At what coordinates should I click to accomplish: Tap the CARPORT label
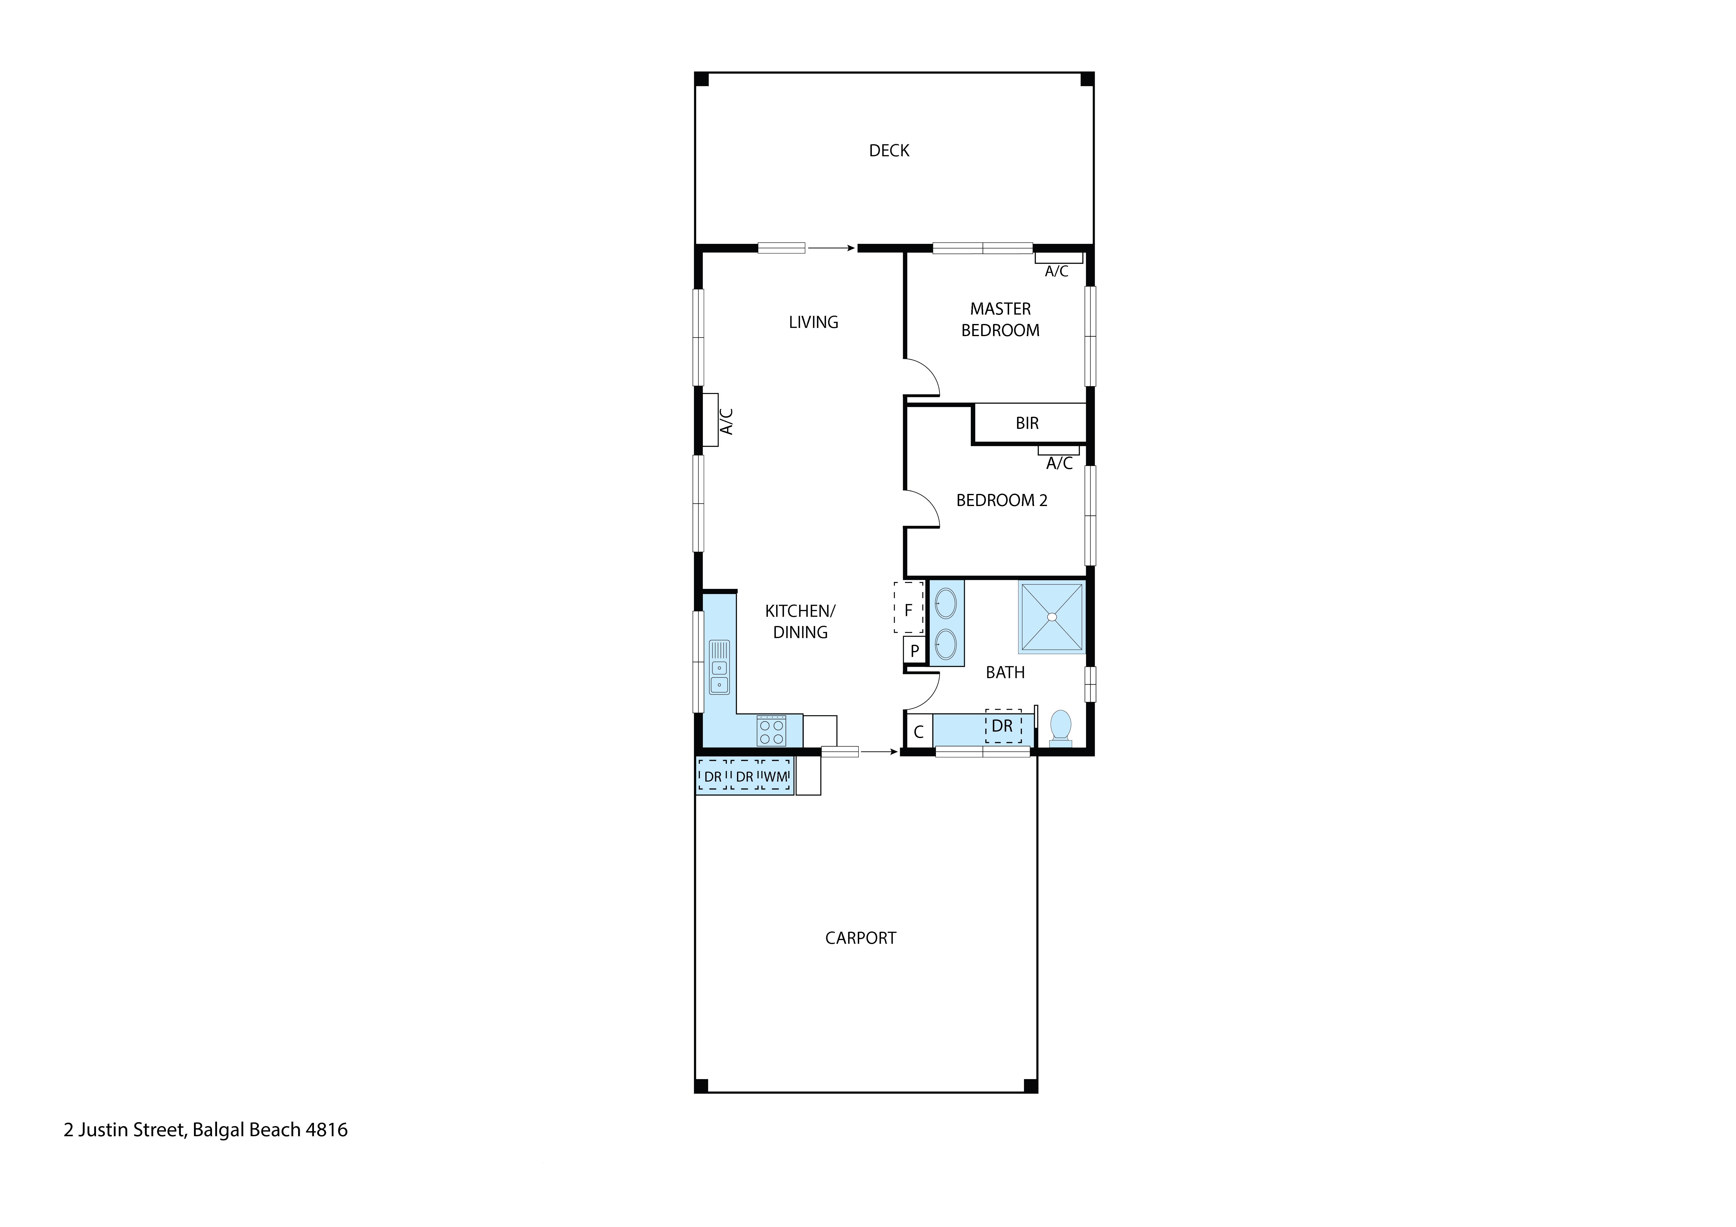pos(860,938)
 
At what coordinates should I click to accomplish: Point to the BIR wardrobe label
pos(1027,423)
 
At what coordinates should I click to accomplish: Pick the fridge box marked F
pos(908,609)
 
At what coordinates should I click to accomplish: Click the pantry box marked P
pos(914,650)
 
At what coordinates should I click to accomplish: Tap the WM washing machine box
pos(776,776)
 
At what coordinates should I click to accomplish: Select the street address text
pos(206,1130)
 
